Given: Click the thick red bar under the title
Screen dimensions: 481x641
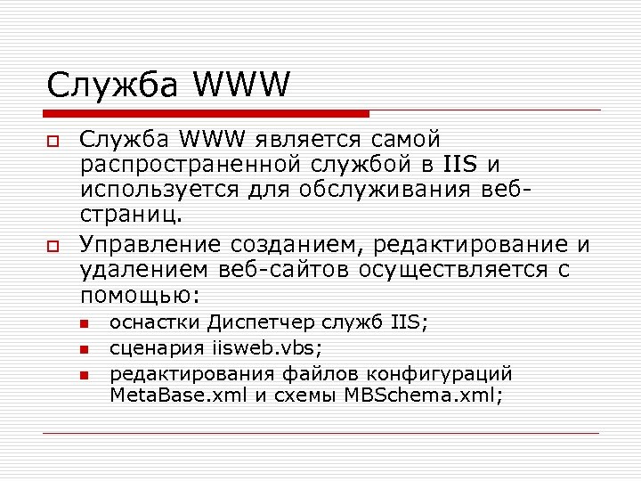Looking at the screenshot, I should (x=207, y=114).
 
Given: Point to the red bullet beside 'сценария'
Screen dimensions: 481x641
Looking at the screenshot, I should (x=85, y=349).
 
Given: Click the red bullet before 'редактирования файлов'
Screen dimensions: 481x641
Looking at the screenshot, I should (x=85, y=375).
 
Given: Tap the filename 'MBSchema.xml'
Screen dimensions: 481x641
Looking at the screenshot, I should (x=423, y=395).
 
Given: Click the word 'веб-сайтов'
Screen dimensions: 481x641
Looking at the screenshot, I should (x=289, y=269).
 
